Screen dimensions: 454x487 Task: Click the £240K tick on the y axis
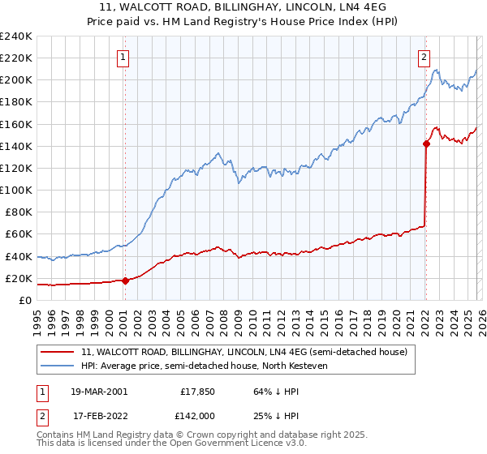pos(16,36)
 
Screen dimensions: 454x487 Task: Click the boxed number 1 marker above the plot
pos(123,57)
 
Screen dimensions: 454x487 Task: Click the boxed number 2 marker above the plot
pos(425,57)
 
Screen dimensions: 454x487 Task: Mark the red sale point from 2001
pos(125,281)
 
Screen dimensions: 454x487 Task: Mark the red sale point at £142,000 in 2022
pos(425,144)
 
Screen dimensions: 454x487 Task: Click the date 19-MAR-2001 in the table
pos(98,391)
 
